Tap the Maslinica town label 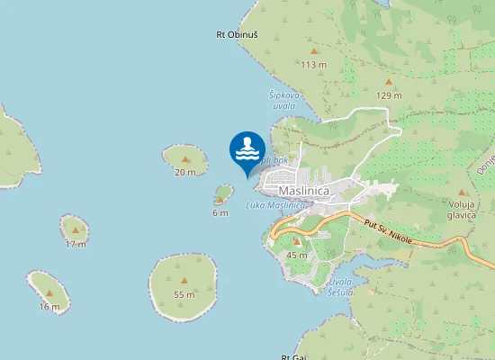pos(305,191)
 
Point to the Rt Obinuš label pos(237,35)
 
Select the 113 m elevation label pos(313,65)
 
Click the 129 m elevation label pos(388,95)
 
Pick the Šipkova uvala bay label pos(282,99)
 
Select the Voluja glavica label pos(463,209)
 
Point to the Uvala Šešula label pos(340,287)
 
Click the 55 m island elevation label pos(184,294)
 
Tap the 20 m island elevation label pos(184,172)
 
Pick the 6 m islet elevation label pos(220,213)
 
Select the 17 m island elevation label pos(76,244)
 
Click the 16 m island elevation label pos(49,306)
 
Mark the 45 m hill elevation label pos(296,256)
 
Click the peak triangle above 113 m pos(313,52)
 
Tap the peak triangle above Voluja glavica pos(463,193)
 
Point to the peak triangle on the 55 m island pos(184,282)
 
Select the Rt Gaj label pos(293,356)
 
